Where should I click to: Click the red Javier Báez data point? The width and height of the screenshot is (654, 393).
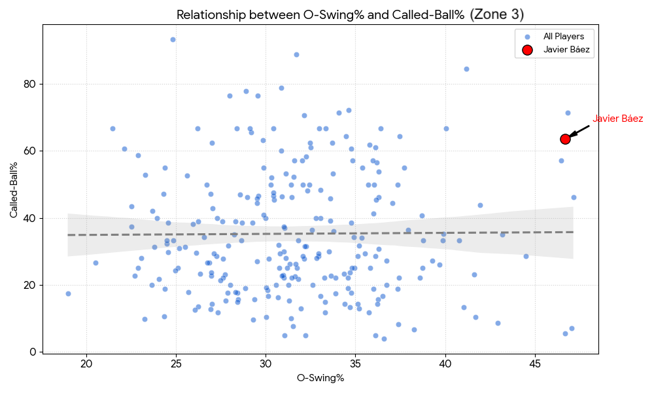point(565,139)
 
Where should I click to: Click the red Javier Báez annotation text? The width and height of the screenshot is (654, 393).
point(617,119)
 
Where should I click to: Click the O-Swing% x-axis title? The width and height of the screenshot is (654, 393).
point(320,378)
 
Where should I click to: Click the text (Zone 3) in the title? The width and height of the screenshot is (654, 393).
point(497,14)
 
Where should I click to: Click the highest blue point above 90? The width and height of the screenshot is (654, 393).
point(173,39)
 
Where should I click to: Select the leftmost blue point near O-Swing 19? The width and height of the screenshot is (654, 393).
point(68,293)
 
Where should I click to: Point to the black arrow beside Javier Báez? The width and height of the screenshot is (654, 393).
point(579,131)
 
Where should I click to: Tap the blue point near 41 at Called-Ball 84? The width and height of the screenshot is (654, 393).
point(466,69)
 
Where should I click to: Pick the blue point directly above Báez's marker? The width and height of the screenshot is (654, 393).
point(568,113)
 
